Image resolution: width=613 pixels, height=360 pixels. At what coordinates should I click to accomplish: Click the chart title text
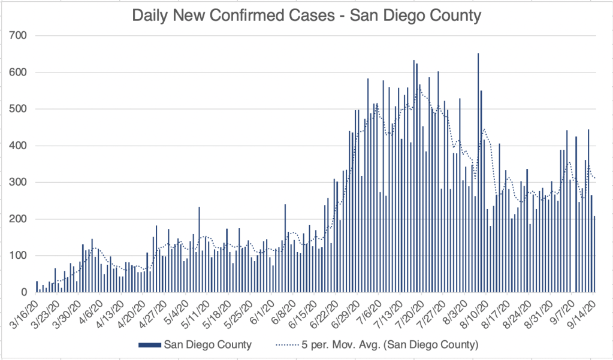pos(306,14)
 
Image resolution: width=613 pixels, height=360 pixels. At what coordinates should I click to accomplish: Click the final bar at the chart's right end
pos(594,255)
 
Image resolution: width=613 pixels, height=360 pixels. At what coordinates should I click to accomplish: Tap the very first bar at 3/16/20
pos(37,287)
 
